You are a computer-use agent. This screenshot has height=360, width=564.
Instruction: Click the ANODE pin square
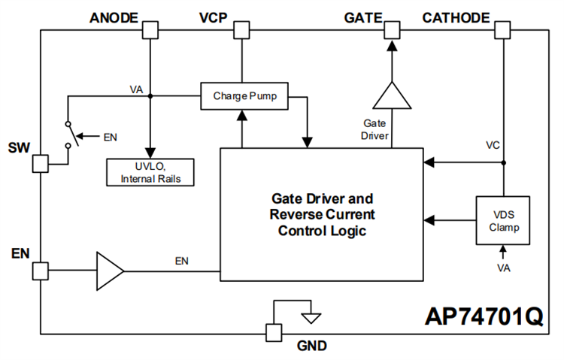tap(150, 30)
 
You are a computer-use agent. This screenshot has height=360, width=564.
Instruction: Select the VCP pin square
tap(241, 30)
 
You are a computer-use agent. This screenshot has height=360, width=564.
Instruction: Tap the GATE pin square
tap(392, 30)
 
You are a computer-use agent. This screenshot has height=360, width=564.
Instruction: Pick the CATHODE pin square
tap(504, 30)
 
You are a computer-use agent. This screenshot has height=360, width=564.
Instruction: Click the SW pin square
tap(41, 162)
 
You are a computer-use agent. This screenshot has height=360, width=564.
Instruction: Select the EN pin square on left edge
tap(41, 269)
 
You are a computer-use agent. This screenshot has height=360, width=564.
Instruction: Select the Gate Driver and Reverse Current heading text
tap(321, 214)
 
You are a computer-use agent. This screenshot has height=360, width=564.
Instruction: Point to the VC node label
tap(493, 145)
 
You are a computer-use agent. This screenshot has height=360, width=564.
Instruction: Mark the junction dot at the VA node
tap(150, 96)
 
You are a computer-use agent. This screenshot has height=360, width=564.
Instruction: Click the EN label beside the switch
tap(110, 137)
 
